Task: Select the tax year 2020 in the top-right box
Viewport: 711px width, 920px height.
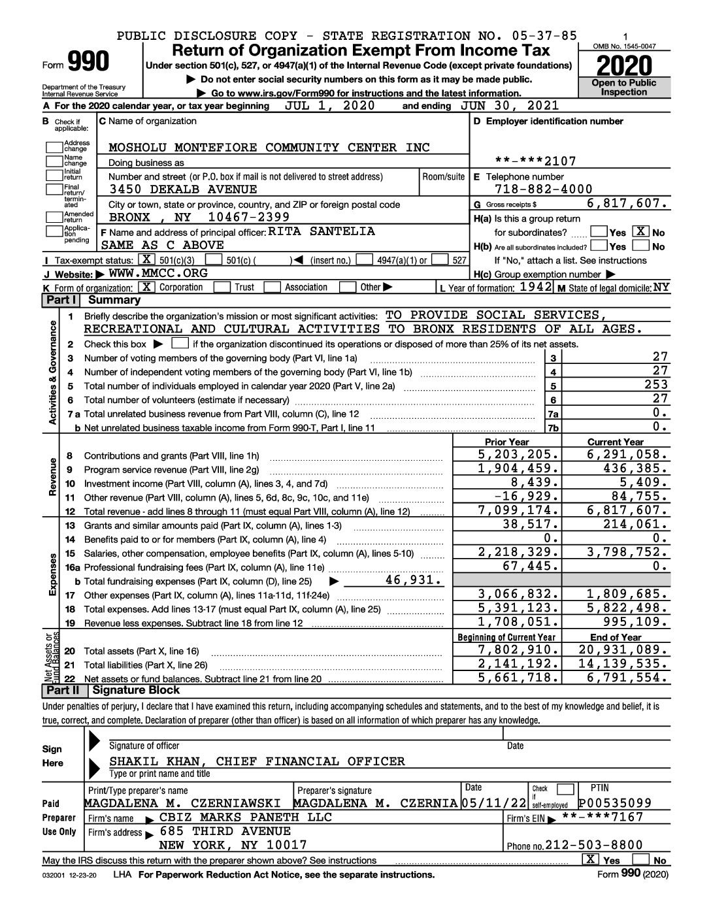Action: tap(623, 65)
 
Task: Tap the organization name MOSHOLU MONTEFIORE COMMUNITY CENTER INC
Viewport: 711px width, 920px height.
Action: tap(269, 148)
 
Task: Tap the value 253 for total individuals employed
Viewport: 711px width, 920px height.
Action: tap(655, 385)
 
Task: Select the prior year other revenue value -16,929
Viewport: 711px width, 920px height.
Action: tap(525, 497)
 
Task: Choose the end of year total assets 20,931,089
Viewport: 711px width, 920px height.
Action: tap(623, 650)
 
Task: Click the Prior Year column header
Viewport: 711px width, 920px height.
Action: tap(506, 442)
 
